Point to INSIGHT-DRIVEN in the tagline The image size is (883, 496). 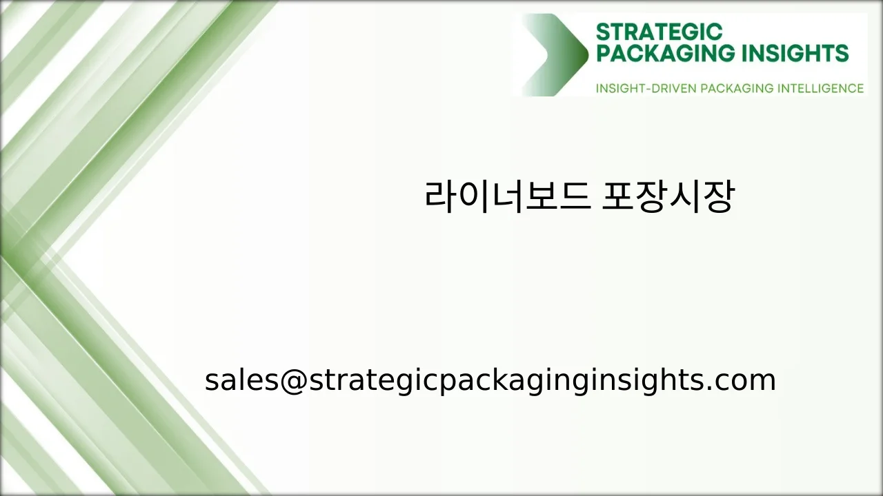[x=646, y=88]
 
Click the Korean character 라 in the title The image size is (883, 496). [x=441, y=197]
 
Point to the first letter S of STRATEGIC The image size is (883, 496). [x=603, y=32]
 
